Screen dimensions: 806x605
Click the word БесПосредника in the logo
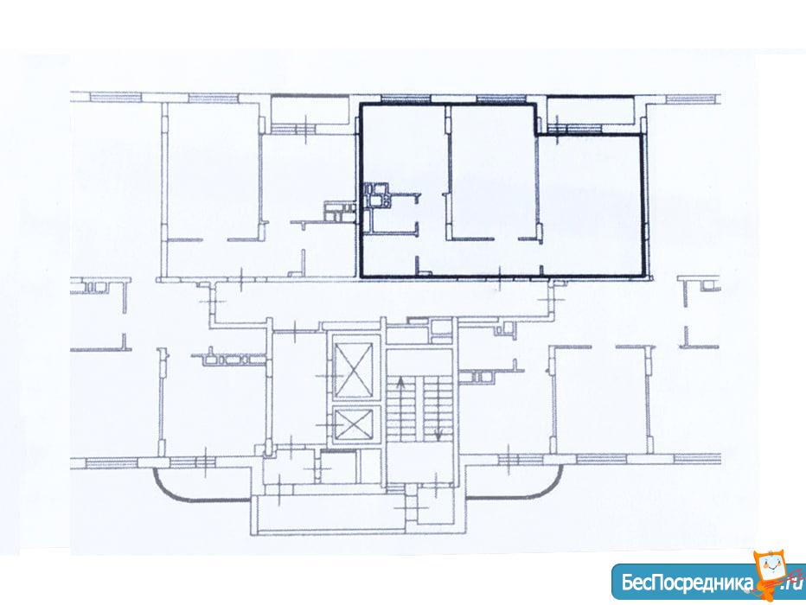[688, 582]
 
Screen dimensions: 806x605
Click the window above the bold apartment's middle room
[501, 99]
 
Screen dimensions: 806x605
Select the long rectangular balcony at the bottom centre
[329, 515]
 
